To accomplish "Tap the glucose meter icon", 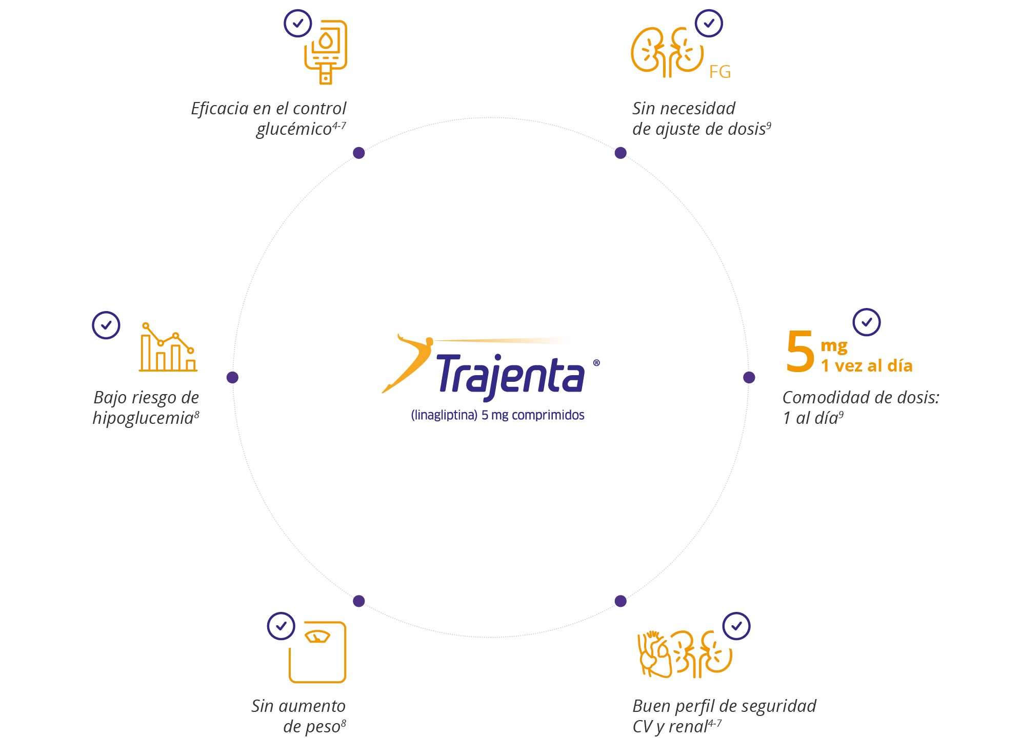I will tap(326, 51).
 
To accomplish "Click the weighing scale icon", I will tap(317, 652).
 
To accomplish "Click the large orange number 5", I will tap(800, 352).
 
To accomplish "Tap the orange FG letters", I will tap(719, 72).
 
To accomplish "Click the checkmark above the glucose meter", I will tap(298, 23).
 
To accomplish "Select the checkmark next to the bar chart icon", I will tap(106, 325).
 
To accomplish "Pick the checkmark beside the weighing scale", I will tap(281, 626).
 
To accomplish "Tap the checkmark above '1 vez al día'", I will tap(867, 322).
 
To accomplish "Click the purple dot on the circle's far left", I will tap(232, 377).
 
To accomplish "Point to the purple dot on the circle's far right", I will tap(749, 377).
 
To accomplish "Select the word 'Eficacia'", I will tap(219, 109).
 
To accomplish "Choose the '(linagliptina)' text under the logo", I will tap(444, 415).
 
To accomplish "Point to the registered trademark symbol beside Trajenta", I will tap(596, 363).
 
